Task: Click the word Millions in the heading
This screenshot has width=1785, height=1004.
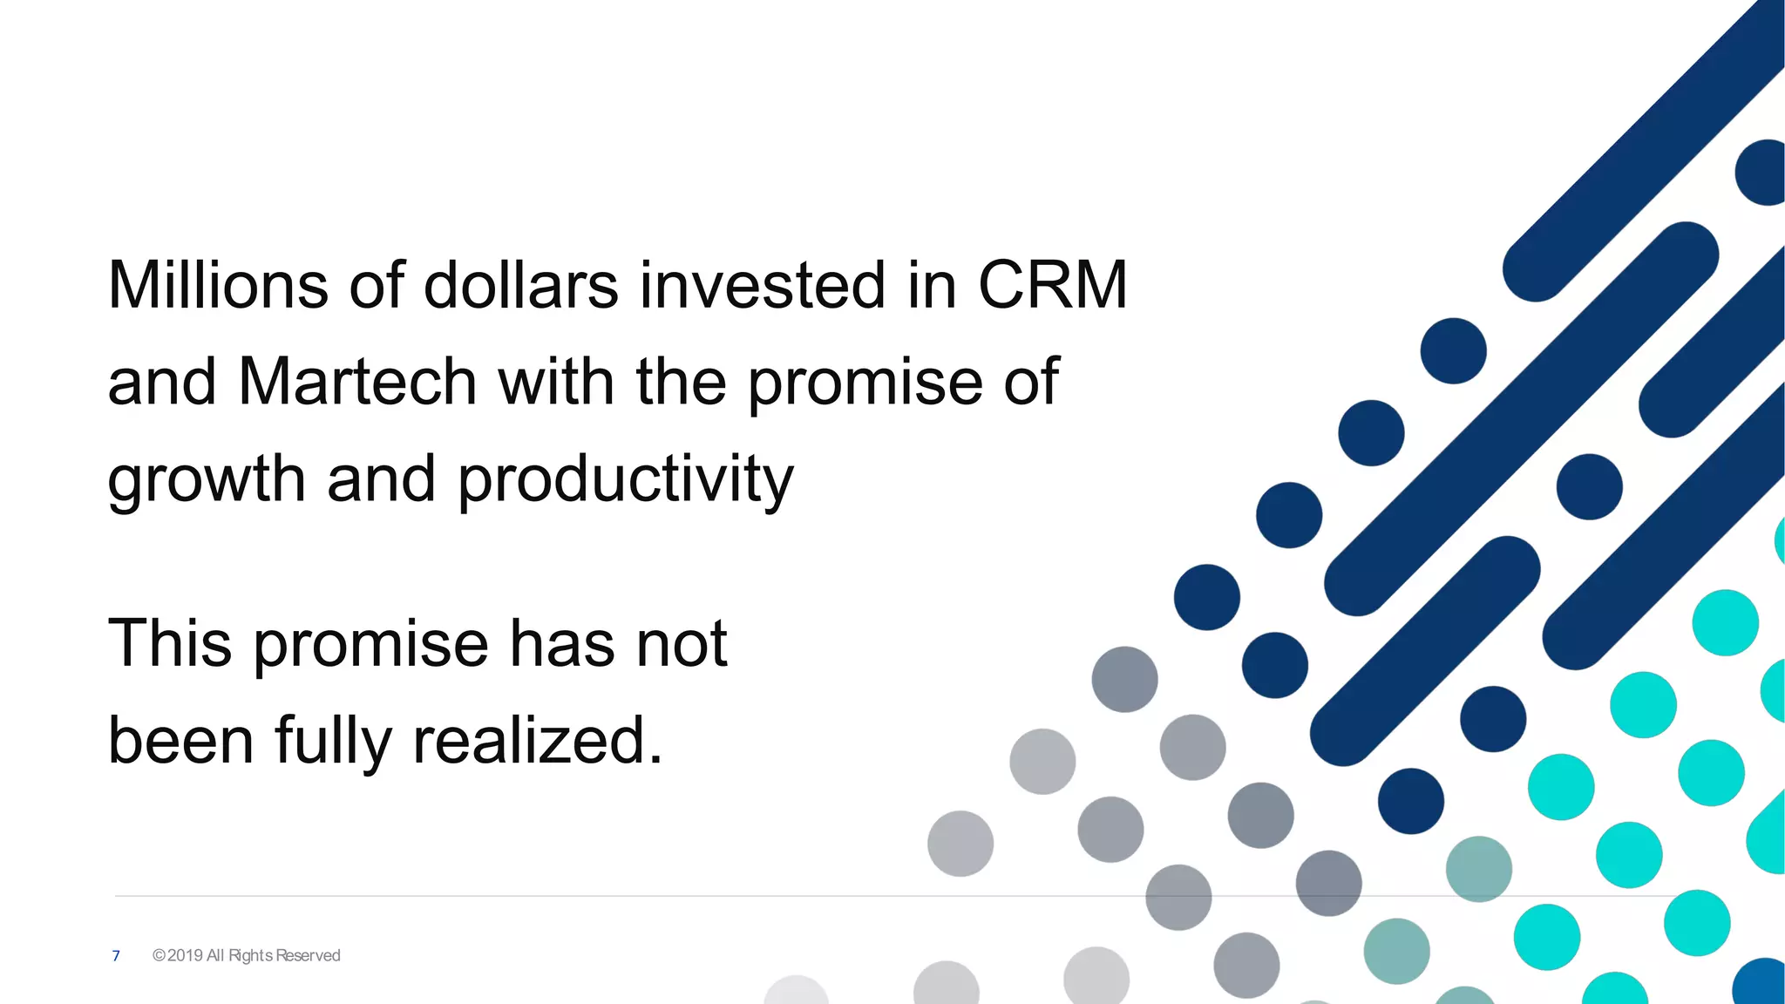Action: pyautogui.click(x=218, y=285)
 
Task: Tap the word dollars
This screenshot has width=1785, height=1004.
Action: pyautogui.click(x=520, y=285)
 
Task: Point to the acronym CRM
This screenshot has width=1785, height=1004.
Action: pyautogui.click(x=1052, y=285)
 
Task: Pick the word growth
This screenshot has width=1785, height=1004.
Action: pyautogui.click(x=207, y=479)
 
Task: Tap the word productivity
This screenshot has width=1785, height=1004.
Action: pyautogui.click(x=625, y=479)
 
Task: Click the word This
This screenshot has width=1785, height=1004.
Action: pyautogui.click(x=170, y=643)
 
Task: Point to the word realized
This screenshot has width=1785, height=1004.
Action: pyautogui.click(x=537, y=741)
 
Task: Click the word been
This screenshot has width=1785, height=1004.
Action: pyautogui.click(x=180, y=741)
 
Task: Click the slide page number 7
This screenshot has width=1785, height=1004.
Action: pyautogui.click(x=116, y=956)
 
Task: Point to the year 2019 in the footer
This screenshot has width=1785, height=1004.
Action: pyautogui.click(x=185, y=956)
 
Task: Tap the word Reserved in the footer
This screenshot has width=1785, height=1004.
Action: pyautogui.click(x=308, y=956)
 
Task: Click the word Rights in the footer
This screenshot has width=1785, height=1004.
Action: pyautogui.click(x=250, y=956)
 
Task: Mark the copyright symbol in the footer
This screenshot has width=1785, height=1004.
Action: pyautogui.click(x=159, y=956)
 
